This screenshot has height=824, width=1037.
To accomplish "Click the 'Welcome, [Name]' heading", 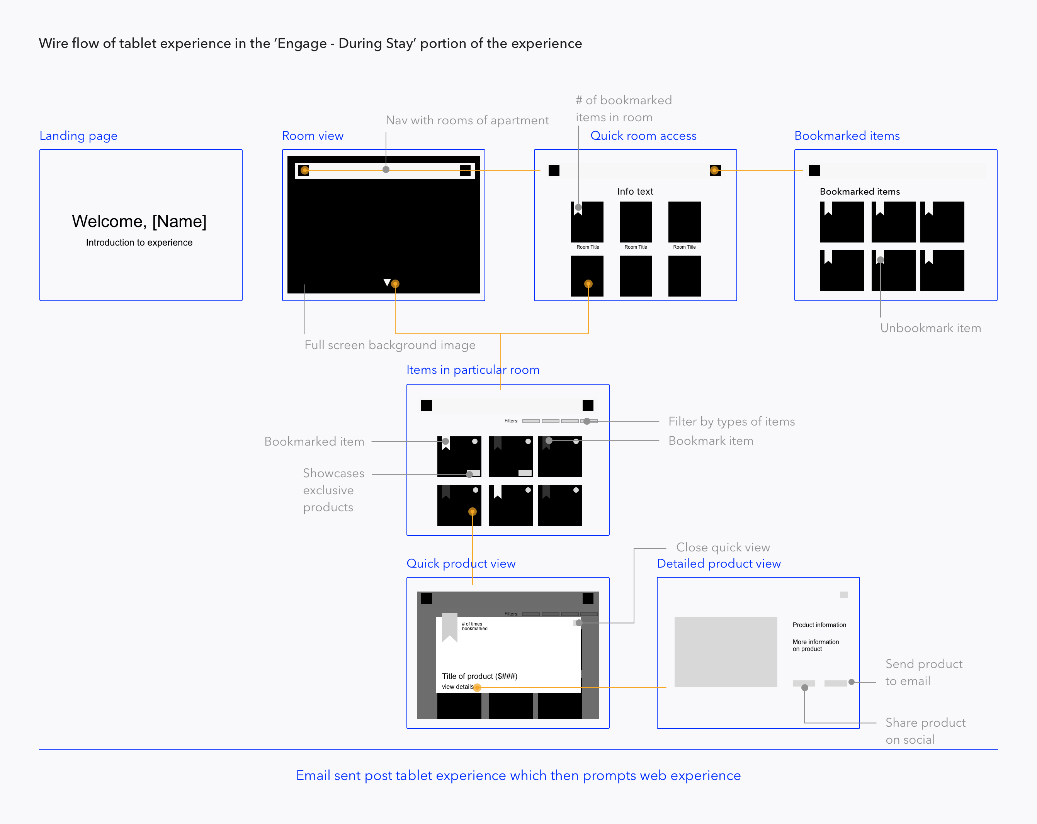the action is pos(139,221).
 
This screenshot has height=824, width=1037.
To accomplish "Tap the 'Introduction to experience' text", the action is pos(139,243).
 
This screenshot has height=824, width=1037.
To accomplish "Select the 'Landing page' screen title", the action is pos(78,136).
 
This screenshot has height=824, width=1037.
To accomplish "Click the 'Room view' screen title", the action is pos(313,136).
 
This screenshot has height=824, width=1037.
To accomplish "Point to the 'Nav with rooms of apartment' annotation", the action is pos(467,120).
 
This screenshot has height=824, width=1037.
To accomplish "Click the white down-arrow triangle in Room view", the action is pos(387,282).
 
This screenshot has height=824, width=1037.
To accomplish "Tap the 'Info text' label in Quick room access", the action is pos(635,192).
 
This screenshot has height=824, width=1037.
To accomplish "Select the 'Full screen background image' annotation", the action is pos(389,345).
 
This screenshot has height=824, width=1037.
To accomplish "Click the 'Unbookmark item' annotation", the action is pos(930,328).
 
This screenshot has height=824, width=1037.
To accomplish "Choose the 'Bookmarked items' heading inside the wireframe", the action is pos(860,192).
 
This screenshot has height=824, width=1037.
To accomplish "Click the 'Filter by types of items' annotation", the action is pos(731,422).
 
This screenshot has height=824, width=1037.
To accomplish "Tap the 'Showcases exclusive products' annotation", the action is pos(333,490).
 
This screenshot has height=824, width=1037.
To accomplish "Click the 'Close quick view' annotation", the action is pos(723,548).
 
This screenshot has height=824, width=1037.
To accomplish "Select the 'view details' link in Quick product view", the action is pos(457,687).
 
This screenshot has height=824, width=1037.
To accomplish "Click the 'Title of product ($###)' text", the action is pos(479,676).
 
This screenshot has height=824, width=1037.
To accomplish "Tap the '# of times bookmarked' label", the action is pos(474,626).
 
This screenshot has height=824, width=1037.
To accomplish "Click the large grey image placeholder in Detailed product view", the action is pos(725,652).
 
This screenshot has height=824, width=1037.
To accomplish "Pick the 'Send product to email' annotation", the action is pos(923,673).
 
